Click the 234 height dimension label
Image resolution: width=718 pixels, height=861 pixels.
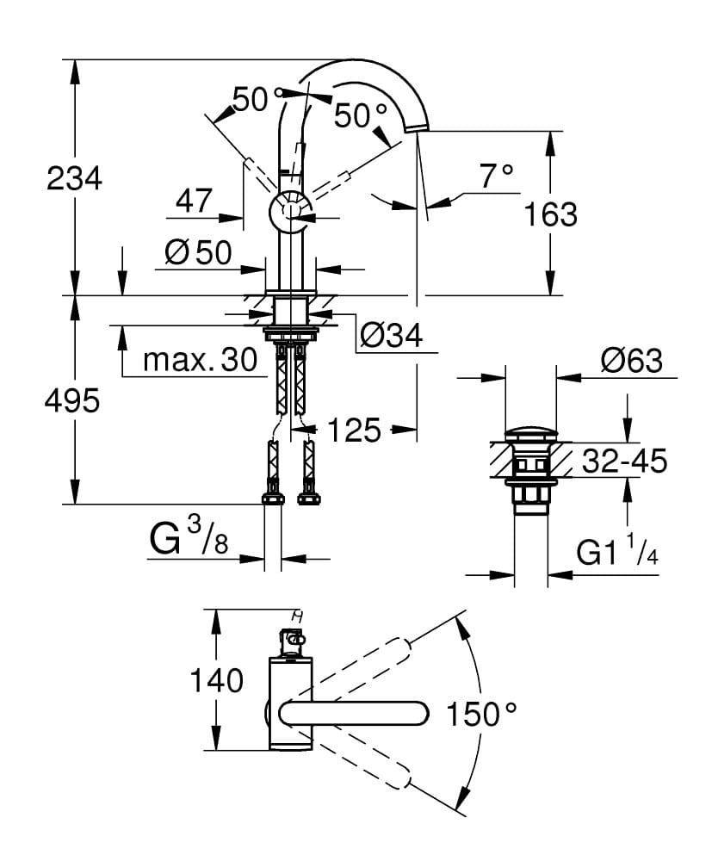click(x=74, y=179)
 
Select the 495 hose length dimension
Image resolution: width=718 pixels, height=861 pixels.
click(x=74, y=400)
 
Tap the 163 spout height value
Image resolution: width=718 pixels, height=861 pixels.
click(x=550, y=214)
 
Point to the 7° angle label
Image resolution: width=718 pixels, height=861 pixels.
click(x=496, y=177)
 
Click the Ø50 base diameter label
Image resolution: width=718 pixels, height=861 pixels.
click(x=198, y=252)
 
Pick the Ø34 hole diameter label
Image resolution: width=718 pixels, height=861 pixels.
click(x=391, y=336)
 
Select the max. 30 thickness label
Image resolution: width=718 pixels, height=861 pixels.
click(x=201, y=360)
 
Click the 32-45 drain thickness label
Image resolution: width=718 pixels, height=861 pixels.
click(x=625, y=461)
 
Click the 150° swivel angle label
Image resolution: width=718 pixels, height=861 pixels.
click(x=482, y=714)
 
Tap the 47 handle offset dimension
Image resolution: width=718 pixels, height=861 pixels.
click(x=194, y=201)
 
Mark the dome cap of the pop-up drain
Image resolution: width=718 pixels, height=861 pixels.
click(x=531, y=433)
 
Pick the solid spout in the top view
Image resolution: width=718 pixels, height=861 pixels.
click(x=353, y=713)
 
